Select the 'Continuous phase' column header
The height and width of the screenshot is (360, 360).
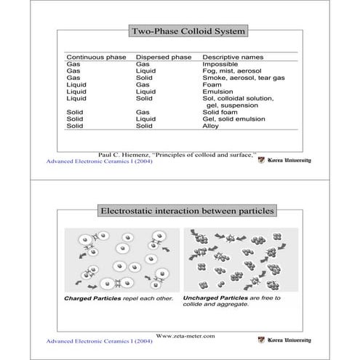click(x=96, y=57)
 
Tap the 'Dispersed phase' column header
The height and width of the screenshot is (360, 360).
click(x=164, y=57)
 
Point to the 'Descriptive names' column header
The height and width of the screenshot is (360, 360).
click(x=233, y=57)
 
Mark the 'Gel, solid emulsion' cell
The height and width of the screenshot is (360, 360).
click(x=233, y=119)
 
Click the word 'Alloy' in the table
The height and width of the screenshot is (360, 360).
click(x=210, y=126)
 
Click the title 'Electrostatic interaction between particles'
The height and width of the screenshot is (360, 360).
click(x=188, y=211)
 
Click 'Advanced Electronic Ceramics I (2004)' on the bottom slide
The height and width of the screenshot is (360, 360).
click(x=99, y=340)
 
